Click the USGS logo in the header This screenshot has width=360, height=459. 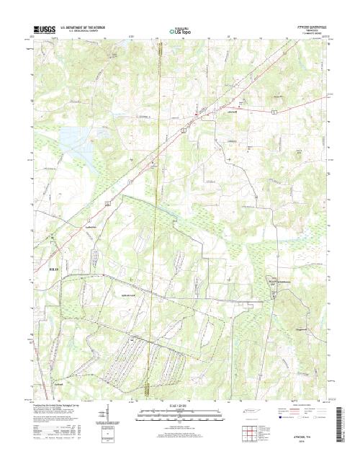coord(44,28)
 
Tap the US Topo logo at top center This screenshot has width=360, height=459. coord(179,31)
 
